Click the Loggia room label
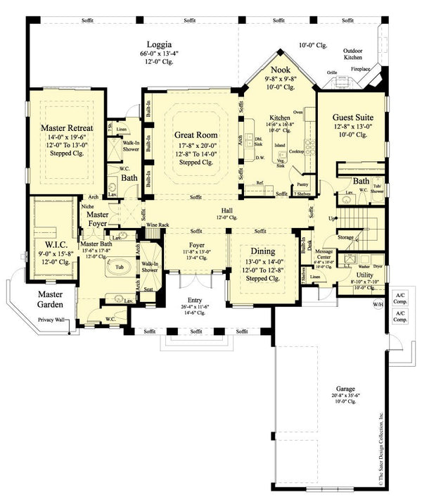(x=155, y=43)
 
